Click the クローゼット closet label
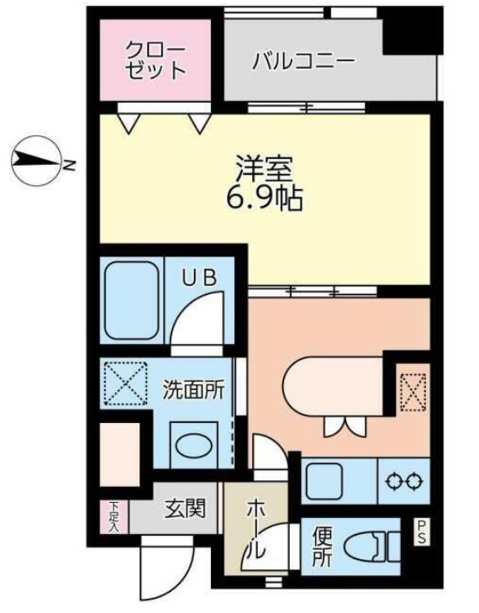(156, 59)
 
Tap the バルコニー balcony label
(303, 61)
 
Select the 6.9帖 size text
(263, 199)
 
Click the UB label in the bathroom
(203, 276)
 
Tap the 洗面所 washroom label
(193, 390)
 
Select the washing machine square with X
(125, 383)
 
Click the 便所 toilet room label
(322, 547)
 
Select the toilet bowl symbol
(373, 546)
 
